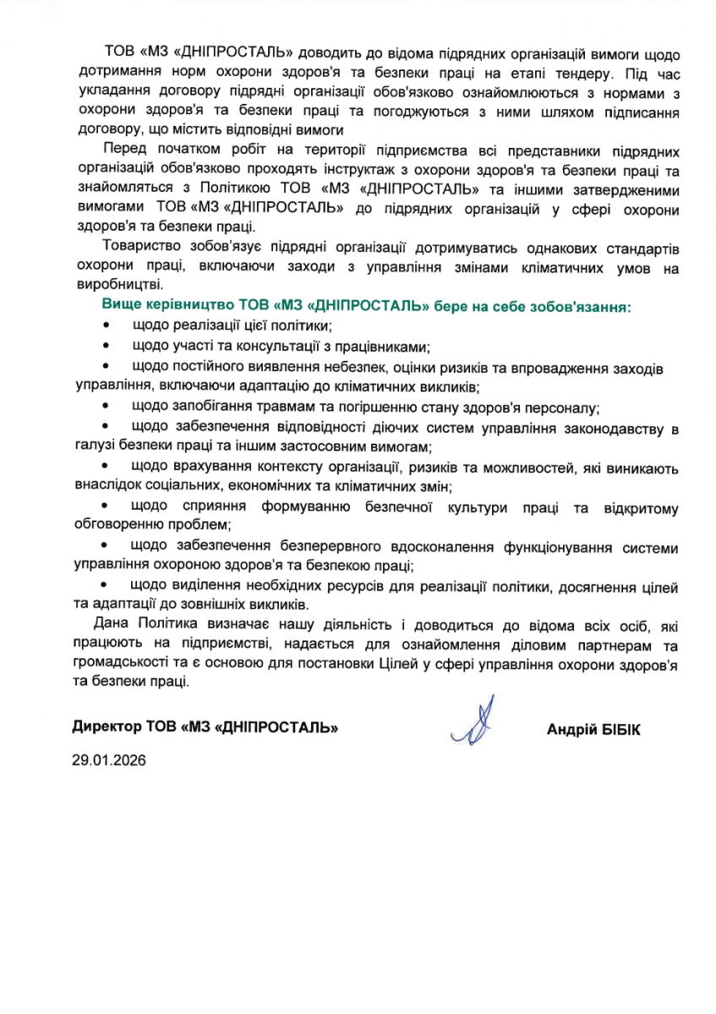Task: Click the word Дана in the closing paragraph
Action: click(117, 624)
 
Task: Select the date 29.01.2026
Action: click(110, 760)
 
